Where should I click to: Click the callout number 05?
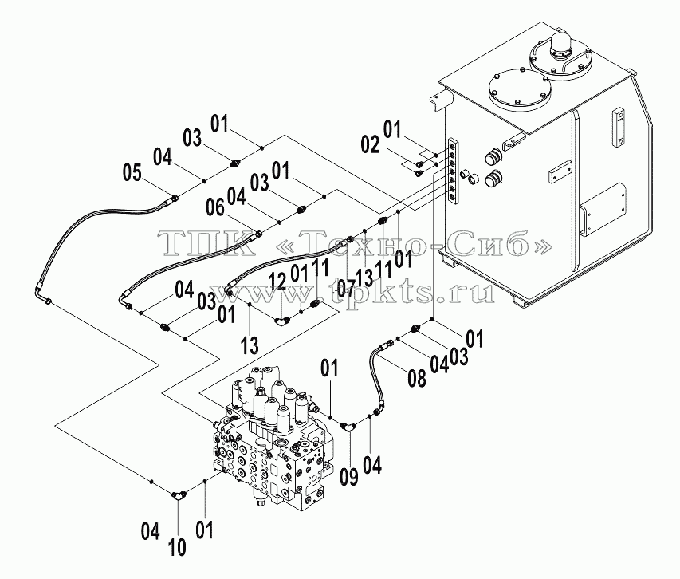(132, 174)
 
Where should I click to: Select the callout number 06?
(215, 209)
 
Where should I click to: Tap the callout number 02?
(371, 144)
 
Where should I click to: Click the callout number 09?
(349, 477)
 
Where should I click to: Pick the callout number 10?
(177, 547)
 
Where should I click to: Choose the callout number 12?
(278, 282)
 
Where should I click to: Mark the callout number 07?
(346, 289)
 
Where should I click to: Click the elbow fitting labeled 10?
(178, 494)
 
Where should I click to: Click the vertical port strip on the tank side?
(453, 171)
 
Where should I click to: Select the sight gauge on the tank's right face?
(619, 129)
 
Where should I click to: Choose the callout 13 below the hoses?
(250, 345)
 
